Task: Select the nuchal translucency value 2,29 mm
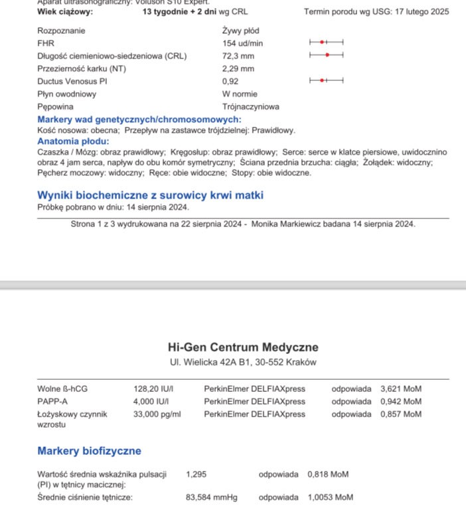tap(238, 68)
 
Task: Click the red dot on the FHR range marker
tap(322, 42)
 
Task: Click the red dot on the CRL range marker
tap(327, 54)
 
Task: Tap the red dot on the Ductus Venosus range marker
tap(322, 80)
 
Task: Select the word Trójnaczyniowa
tap(250, 106)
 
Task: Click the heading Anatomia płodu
tap(72, 141)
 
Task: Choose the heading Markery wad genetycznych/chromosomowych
tap(139, 120)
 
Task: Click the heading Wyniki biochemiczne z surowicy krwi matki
tap(150, 195)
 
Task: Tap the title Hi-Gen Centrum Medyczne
tap(243, 347)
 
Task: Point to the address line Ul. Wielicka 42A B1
tap(243, 363)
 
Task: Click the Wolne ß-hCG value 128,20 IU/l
tap(153, 389)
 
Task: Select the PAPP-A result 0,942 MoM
tap(400, 402)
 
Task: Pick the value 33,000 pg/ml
tap(157, 414)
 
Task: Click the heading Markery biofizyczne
tap(89, 451)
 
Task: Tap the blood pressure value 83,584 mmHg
tap(212, 497)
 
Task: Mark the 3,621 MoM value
tap(400, 389)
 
